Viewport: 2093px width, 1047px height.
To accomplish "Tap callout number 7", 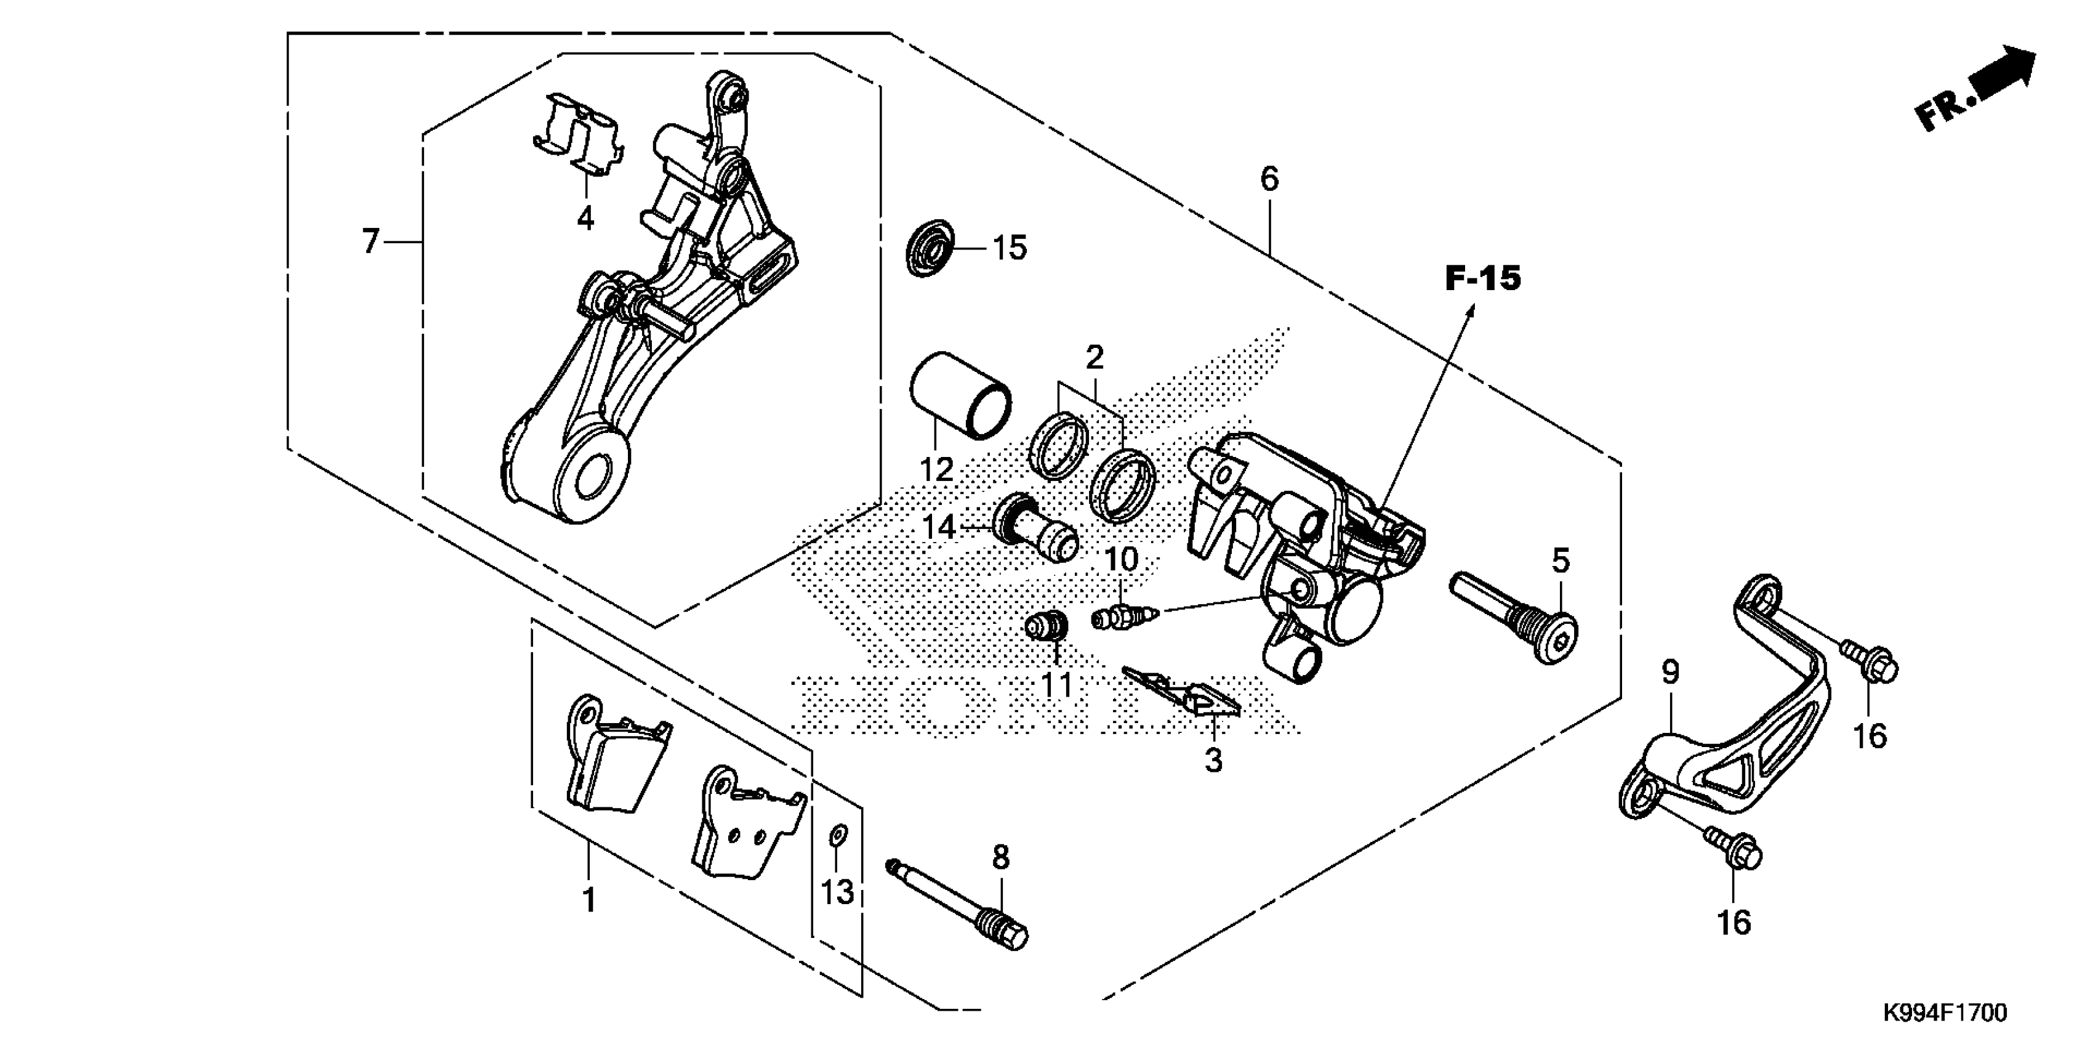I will point(371,241).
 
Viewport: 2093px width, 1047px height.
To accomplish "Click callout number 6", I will point(1269,179).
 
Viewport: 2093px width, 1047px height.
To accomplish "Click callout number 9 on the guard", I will point(1669,673).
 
